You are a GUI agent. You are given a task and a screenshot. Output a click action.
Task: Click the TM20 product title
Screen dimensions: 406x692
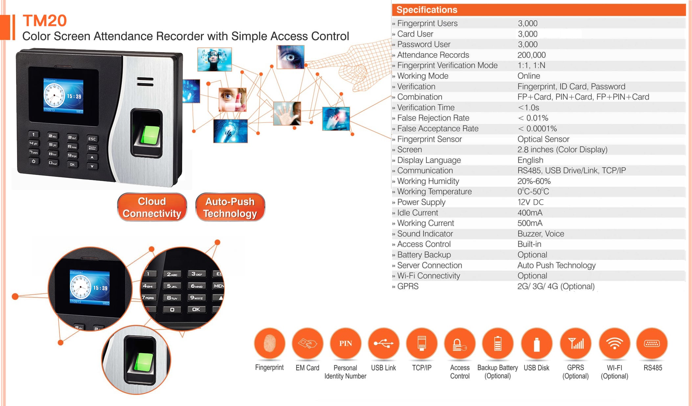[x=45, y=21]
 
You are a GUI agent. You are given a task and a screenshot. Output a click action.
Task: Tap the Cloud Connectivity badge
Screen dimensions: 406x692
[x=152, y=207]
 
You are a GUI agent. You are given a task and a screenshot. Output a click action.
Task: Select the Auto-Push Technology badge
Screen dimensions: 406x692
[x=230, y=207]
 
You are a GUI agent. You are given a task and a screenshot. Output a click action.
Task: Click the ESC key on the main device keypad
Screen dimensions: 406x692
[x=92, y=139]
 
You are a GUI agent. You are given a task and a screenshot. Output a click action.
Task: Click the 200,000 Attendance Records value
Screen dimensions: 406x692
[x=531, y=55]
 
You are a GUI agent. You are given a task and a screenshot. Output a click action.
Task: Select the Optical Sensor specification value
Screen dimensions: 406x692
[x=543, y=139]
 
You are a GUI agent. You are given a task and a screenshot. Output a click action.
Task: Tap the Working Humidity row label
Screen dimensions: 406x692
[x=428, y=181]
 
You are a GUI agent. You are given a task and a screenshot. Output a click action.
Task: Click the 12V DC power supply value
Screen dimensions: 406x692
[x=530, y=202]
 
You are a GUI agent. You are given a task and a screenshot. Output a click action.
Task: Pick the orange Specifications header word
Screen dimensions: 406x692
[x=427, y=10]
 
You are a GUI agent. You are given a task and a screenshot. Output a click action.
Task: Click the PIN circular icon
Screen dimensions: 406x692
[x=345, y=343]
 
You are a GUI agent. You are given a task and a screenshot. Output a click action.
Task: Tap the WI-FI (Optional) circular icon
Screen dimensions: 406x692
[x=614, y=343]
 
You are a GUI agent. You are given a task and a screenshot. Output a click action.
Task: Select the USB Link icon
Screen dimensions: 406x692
[x=383, y=343]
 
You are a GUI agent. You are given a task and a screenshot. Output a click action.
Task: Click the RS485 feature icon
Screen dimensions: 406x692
[x=652, y=343]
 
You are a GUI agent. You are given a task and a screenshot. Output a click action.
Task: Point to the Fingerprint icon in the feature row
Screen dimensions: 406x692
[x=269, y=343]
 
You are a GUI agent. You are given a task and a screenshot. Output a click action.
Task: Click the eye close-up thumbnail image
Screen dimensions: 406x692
[x=290, y=57]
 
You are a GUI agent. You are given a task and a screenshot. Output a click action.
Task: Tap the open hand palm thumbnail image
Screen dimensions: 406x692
[x=287, y=114]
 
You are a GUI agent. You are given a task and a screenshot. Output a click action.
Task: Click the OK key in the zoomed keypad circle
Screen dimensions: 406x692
[x=196, y=309]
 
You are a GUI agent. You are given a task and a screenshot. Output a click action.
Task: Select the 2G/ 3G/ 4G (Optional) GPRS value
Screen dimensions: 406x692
[x=556, y=286]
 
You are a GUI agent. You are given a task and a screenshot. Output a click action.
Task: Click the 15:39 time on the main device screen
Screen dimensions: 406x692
[x=74, y=96]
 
